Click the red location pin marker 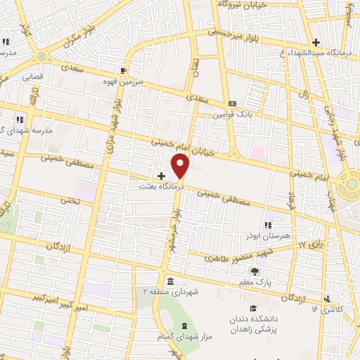[x=181, y=166]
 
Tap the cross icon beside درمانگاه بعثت [x=161, y=176]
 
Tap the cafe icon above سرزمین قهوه [x=123, y=70]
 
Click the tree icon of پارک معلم [x=255, y=271]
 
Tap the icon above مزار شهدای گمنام [x=185, y=326]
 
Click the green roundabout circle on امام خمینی [x=349, y=186]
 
